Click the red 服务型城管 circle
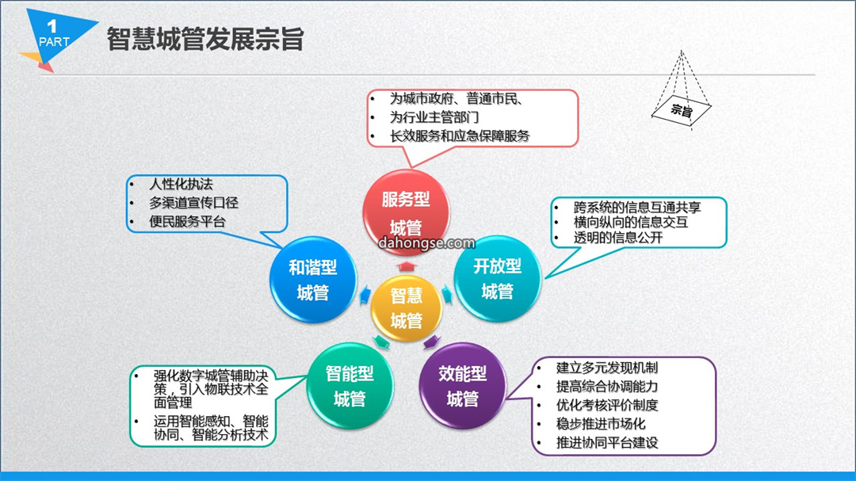coord(406,212)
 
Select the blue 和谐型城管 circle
coord(313,279)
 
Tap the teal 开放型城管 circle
coord(497,278)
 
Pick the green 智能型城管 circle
coord(350,385)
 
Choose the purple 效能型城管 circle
coord(462,385)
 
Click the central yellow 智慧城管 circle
coord(406,308)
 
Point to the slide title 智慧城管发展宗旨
coord(205,39)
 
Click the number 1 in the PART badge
coord(52,25)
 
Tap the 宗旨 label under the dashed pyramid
coord(682,111)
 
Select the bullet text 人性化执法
coord(181,184)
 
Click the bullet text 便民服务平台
coord(187,221)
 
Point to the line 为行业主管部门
coord(434,116)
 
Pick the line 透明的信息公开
coord(618,238)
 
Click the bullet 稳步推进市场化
coord(601,424)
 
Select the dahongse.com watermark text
coord(426,243)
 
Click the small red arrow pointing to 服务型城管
coord(406,266)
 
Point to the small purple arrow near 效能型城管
coord(431,342)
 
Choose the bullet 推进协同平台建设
coord(607,442)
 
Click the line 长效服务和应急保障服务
coord(460,136)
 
